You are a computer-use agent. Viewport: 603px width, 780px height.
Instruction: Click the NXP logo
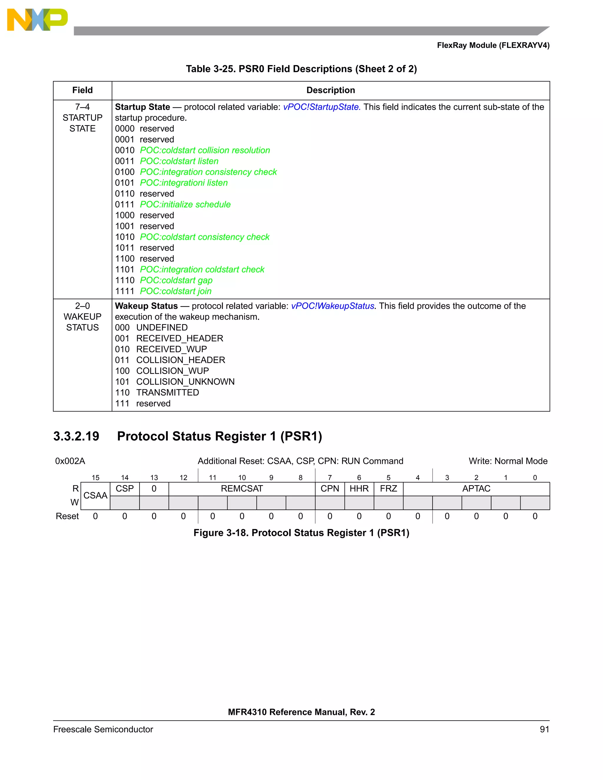click(37, 20)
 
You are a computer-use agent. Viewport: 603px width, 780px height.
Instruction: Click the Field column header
click(82, 90)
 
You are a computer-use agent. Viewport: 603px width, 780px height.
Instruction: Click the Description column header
click(330, 90)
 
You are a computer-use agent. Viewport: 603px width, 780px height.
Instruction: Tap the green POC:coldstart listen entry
click(179, 161)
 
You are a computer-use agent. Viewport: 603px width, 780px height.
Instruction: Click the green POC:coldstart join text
click(175, 291)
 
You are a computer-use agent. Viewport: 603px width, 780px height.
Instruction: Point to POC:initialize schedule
click(185, 204)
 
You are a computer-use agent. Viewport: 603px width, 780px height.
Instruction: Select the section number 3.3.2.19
click(76, 436)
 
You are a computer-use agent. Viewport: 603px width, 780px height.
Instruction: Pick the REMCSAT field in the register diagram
click(241, 489)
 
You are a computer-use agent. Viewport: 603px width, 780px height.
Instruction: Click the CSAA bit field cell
click(95, 495)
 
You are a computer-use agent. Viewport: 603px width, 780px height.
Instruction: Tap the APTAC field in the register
click(476, 489)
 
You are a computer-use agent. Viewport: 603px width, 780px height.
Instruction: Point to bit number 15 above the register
click(95, 477)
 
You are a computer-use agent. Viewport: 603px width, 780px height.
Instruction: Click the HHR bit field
click(359, 489)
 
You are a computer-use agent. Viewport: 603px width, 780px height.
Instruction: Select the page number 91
click(544, 729)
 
